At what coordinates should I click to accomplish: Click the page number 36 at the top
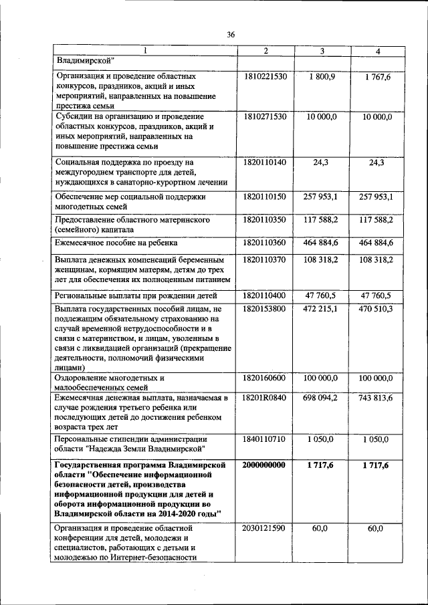[231, 34]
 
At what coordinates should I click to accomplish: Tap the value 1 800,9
[322, 77]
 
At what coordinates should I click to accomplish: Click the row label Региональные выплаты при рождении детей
[136, 295]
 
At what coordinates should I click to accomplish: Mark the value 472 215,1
[322, 309]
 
